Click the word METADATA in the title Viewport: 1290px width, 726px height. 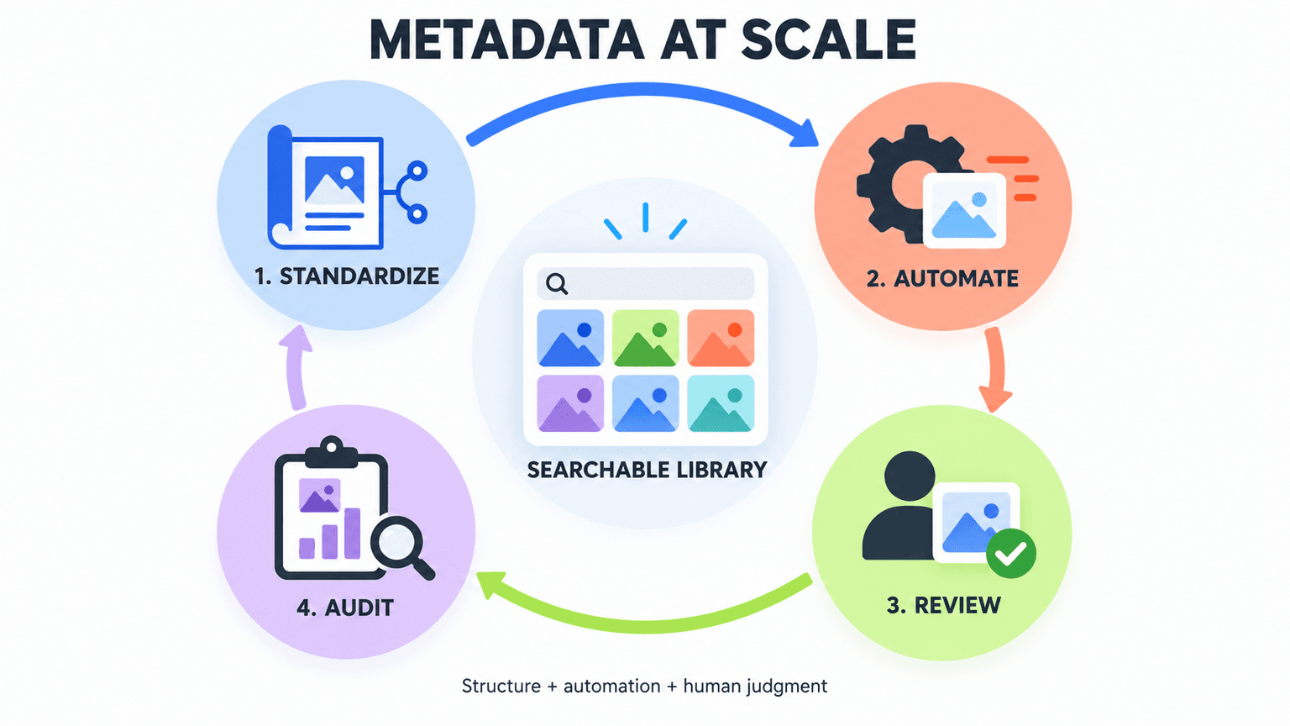[506, 39]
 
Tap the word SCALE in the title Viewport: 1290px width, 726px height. [828, 39]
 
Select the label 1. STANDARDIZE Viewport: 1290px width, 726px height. [347, 276]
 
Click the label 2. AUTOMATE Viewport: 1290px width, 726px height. [942, 279]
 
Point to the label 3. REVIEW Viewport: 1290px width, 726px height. [944, 606]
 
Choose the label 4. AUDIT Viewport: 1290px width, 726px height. [345, 608]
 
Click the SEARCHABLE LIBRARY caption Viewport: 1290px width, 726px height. [647, 471]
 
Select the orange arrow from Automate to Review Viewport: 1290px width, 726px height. [997, 369]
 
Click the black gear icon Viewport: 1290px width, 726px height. [905, 184]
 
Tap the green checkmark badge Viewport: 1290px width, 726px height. [1011, 553]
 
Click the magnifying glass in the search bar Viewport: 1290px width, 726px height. [557, 284]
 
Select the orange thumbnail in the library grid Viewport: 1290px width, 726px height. [721, 339]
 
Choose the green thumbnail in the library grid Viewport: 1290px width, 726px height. [645, 339]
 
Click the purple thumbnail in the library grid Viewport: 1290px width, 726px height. [570, 403]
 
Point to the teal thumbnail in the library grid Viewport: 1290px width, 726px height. [721, 403]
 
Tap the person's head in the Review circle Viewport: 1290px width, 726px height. [910, 476]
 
